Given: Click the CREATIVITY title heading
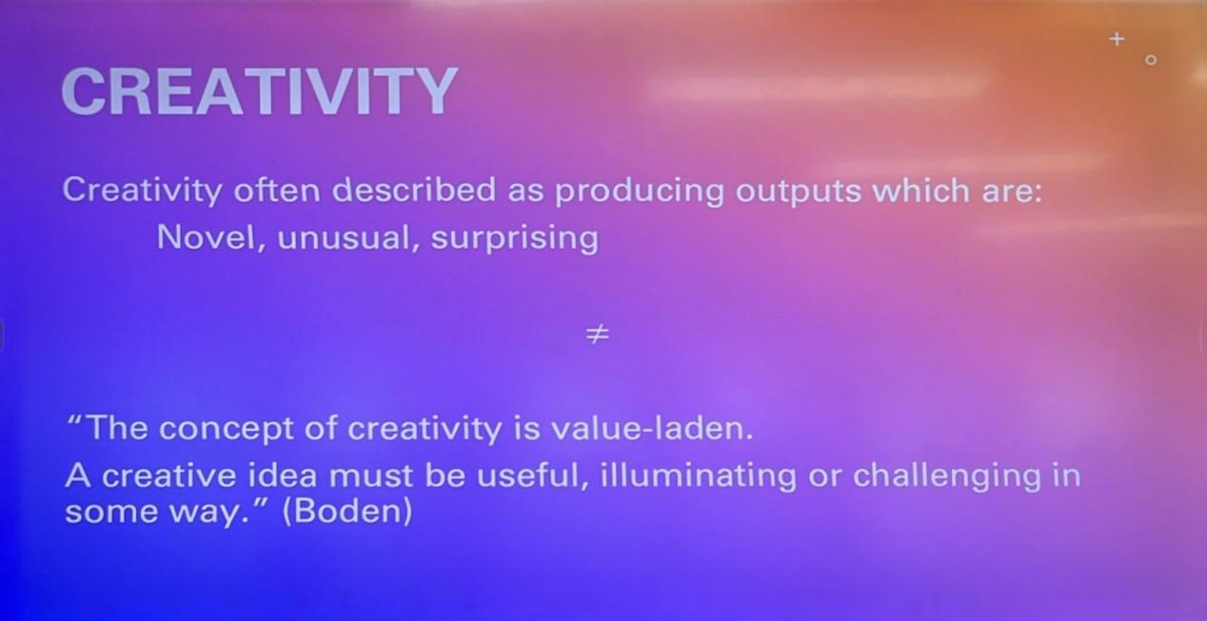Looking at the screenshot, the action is point(260,91).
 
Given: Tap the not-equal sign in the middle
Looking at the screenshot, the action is point(598,333).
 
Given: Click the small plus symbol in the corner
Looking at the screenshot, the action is point(1117,39).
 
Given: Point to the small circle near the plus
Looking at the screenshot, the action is point(1151,60).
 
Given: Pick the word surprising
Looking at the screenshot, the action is point(515,238).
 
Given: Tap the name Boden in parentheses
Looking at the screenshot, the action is point(347,511).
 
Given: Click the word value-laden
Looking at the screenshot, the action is point(650,428).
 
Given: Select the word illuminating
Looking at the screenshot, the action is point(698,475).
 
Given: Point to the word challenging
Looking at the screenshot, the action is point(947,475).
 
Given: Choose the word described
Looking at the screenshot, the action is point(413,190).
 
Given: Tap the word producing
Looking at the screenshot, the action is point(640,191).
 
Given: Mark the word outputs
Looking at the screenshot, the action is point(799,191).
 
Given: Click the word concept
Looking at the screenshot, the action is point(227,430).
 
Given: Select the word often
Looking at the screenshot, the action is point(276,190).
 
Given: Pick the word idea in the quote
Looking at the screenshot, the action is point(282,475).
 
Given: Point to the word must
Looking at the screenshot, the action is point(370,476).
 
